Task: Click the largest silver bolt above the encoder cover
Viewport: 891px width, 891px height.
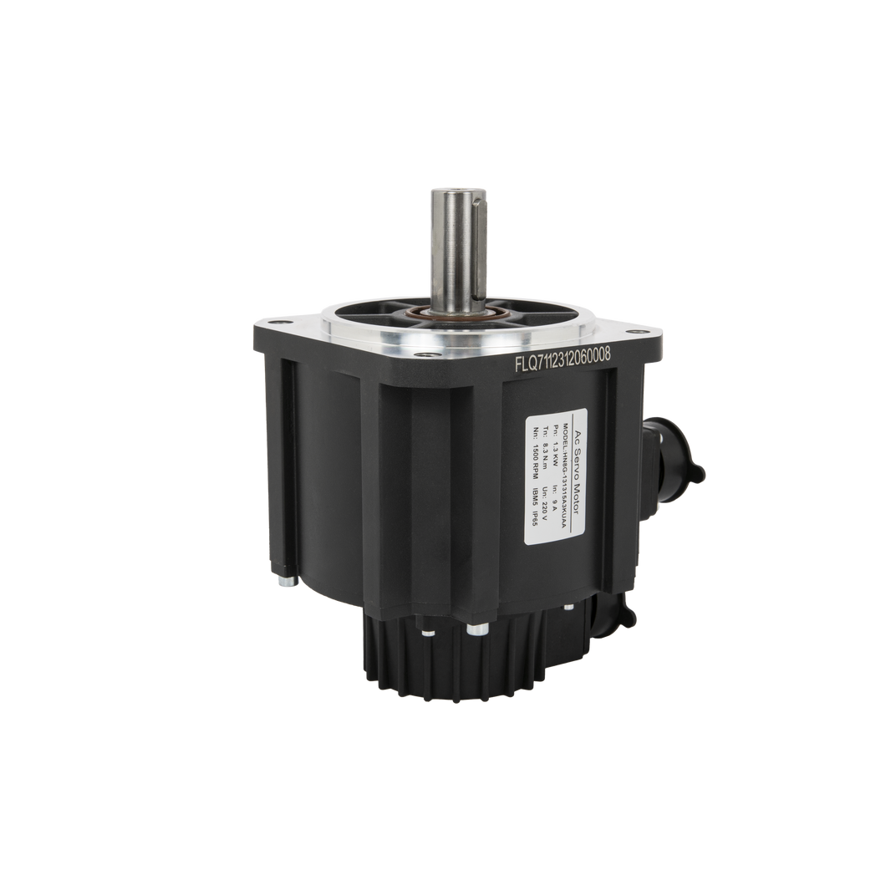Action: coord(478,629)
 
